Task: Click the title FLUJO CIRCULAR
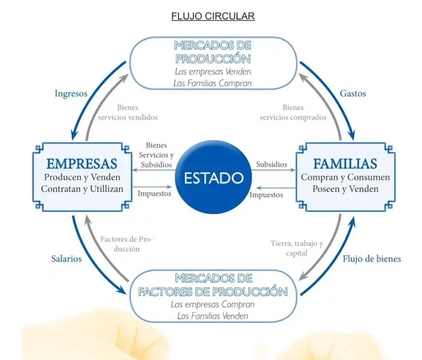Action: [213, 16]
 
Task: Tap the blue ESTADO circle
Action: [213, 177]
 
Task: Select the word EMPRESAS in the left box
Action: [82, 163]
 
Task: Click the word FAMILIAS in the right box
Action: [345, 163]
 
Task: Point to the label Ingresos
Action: [71, 93]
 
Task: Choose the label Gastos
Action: [353, 93]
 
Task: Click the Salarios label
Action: [66, 259]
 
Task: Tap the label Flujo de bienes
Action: [372, 259]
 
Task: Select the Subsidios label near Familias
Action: [271, 164]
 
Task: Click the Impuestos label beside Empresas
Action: [154, 194]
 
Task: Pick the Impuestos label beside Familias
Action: [266, 195]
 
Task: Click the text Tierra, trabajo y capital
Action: [297, 248]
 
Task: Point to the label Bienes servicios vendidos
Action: [128, 112]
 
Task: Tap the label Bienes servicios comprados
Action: [293, 112]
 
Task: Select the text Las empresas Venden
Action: [213, 72]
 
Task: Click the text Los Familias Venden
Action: [213, 316]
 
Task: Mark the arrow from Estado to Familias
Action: [274, 170]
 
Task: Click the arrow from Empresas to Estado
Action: [152, 186]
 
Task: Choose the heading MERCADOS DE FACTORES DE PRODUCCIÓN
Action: [213, 285]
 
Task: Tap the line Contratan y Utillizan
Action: [82, 189]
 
